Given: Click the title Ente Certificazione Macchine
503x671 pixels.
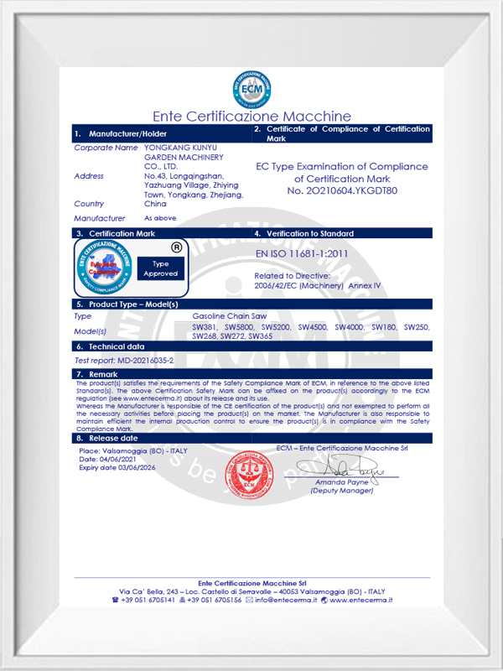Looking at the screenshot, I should click(x=251, y=117).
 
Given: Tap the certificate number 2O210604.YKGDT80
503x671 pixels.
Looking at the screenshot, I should click(x=342, y=191).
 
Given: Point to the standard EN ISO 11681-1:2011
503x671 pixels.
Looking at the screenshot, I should click(x=301, y=252).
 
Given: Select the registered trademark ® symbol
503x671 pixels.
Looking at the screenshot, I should click(x=176, y=247).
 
